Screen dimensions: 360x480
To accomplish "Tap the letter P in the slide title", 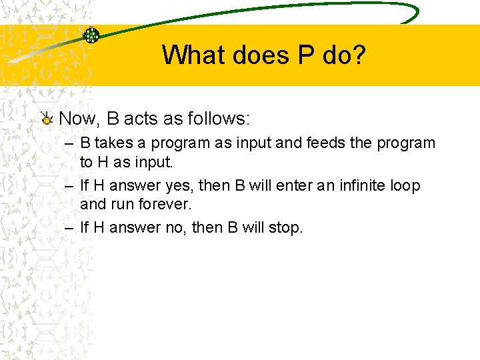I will (x=306, y=55).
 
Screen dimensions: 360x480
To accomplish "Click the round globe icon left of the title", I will (x=91, y=35).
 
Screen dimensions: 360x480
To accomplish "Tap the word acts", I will (x=140, y=119).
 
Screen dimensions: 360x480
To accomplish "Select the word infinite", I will (x=357, y=185).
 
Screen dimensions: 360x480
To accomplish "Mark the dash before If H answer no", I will (x=69, y=228).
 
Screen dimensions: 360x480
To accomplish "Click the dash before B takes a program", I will (x=69, y=143).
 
